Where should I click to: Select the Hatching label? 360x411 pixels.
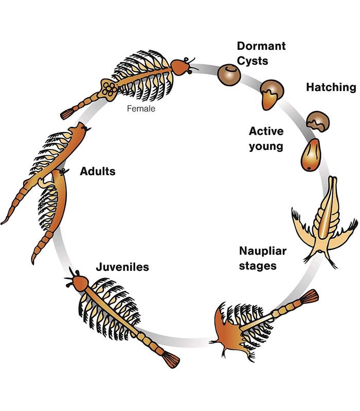click(331, 87)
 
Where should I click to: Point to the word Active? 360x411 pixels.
click(266, 131)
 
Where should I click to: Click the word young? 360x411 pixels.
click(266, 146)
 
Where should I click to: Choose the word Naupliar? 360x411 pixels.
click(269, 252)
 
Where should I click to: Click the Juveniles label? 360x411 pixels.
click(122, 267)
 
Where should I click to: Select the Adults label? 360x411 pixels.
click(98, 171)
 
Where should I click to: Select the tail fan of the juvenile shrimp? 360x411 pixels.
click(169, 360)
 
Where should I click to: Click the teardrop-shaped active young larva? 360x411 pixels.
click(310, 157)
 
